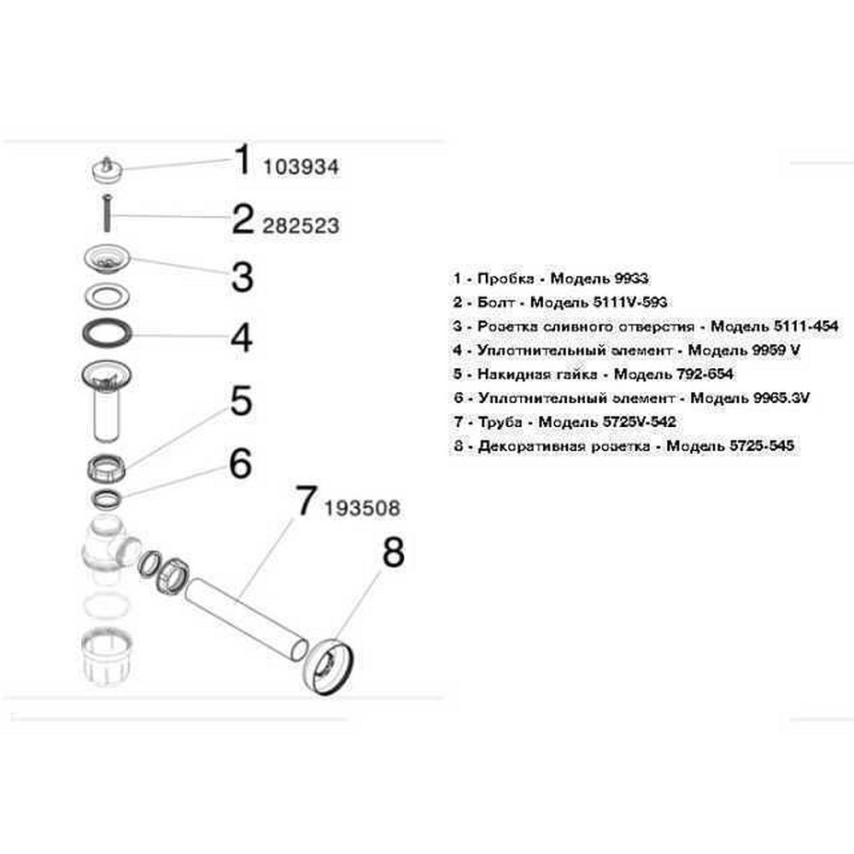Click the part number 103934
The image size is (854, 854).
pos(301,167)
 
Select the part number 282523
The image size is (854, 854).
pos(301,225)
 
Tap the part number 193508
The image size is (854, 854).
pos(362,508)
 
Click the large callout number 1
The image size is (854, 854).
pos(243,160)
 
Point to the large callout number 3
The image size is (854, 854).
pos(243,277)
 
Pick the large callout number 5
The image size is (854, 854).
pos(242,401)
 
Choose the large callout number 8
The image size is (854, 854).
pos(393,553)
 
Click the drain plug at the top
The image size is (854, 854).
pos(108,169)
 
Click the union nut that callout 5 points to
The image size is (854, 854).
pos(107,468)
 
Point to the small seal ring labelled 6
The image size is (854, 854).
pos(106,499)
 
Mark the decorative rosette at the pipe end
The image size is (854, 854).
pos(330,667)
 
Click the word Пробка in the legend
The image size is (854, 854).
pos(506,278)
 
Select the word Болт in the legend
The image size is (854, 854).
pos(495,302)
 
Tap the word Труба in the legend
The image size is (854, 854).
pos(500,422)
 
